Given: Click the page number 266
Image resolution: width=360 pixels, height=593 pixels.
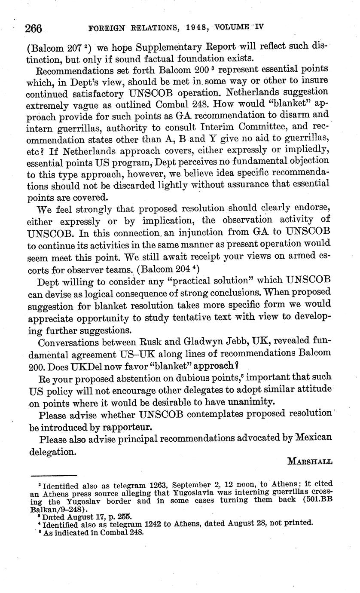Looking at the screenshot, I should pos(33,28).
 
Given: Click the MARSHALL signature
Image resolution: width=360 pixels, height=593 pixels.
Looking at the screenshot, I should pos(309,461).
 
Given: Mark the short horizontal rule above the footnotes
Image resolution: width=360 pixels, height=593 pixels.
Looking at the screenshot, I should pos(54,475).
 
